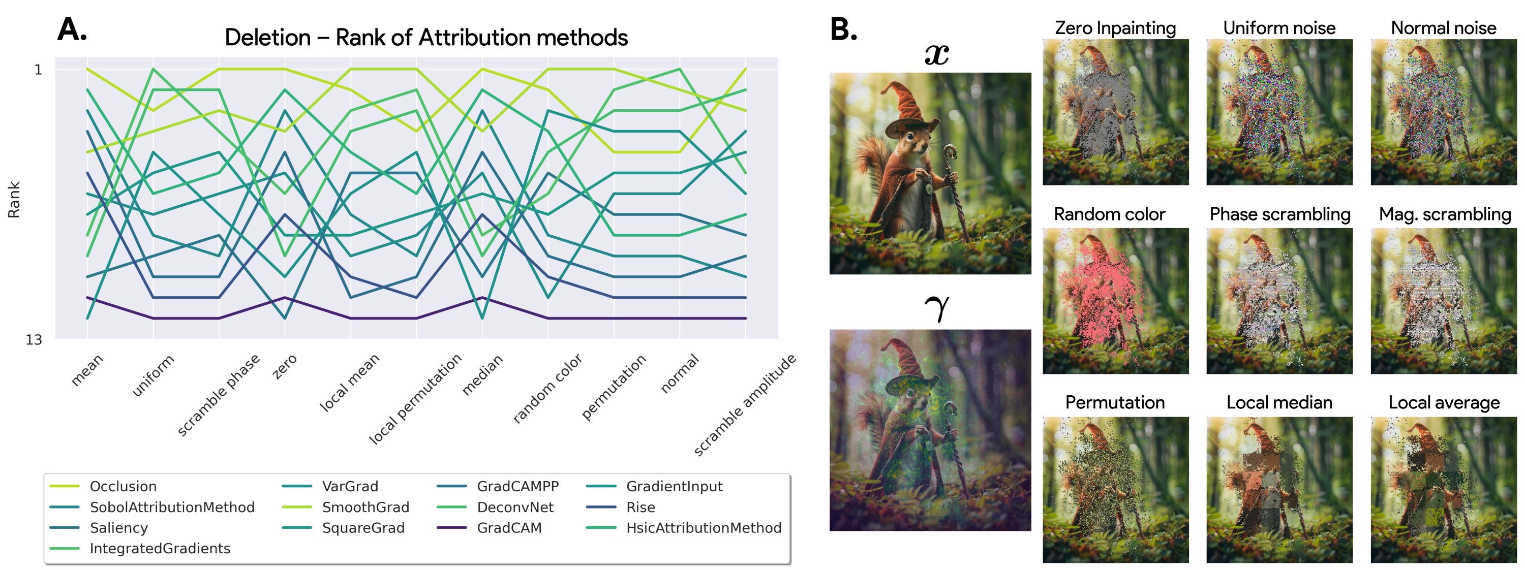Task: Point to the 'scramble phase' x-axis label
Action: [x=219, y=395]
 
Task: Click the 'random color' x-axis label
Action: [x=547, y=388]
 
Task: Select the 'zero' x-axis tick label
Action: [x=284, y=367]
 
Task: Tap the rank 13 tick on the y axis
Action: [x=34, y=339]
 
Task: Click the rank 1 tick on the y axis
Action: [x=39, y=69]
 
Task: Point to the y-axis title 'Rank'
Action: [x=14, y=200]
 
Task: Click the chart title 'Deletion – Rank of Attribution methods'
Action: [x=426, y=37]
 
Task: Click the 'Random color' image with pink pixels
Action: [x=1115, y=301]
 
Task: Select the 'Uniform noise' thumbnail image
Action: [x=1279, y=112]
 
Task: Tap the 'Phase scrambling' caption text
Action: [x=1280, y=214]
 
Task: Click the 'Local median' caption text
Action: [x=1279, y=402]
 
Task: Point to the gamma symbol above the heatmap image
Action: [x=936, y=308]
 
